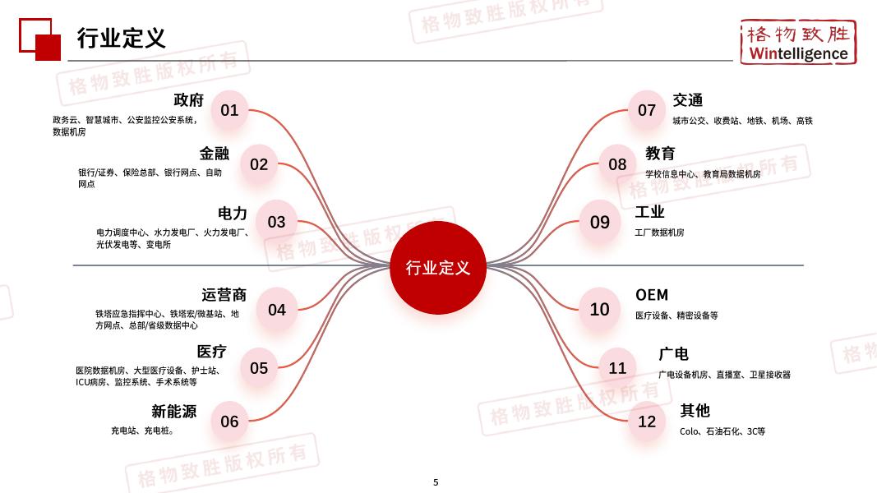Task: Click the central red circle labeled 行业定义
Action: click(x=437, y=268)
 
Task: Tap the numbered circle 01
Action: click(x=229, y=110)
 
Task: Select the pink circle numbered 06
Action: click(x=229, y=422)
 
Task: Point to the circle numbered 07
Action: click(x=647, y=110)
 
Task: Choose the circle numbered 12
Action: click(x=647, y=422)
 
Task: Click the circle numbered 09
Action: click(x=600, y=222)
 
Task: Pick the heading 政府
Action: click(x=188, y=100)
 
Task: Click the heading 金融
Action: click(x=214, y=154)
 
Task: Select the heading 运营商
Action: click(x=224, y=295)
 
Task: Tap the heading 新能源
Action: click(x=173, y=412)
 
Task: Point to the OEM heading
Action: click(x=652, y=295)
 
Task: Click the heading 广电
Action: click(x=673, y=354)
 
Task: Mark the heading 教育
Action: click(x=660, y=154)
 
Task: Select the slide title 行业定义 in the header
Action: click(x=121, y=38)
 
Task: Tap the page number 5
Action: click(x=436, y=482)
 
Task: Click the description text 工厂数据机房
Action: click(x=659, y=233)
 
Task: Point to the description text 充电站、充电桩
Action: click(x=142, y=431)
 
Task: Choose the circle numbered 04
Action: click(x=277, y=310)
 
